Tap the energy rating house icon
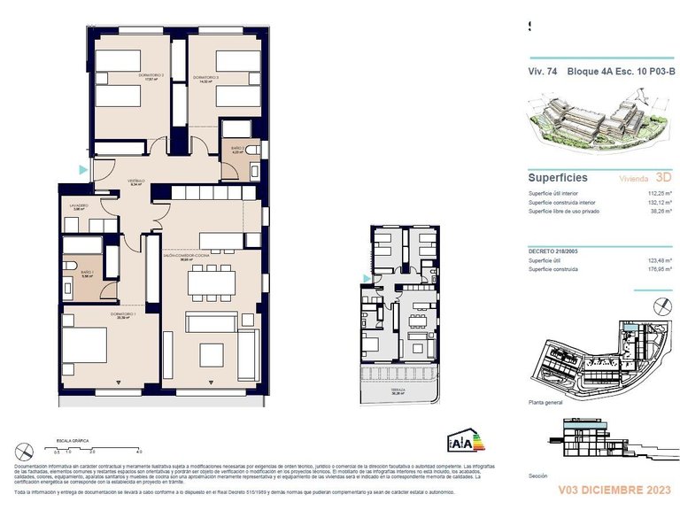(461, 441)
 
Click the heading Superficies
(558, 176)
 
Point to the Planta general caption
(545, 401)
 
